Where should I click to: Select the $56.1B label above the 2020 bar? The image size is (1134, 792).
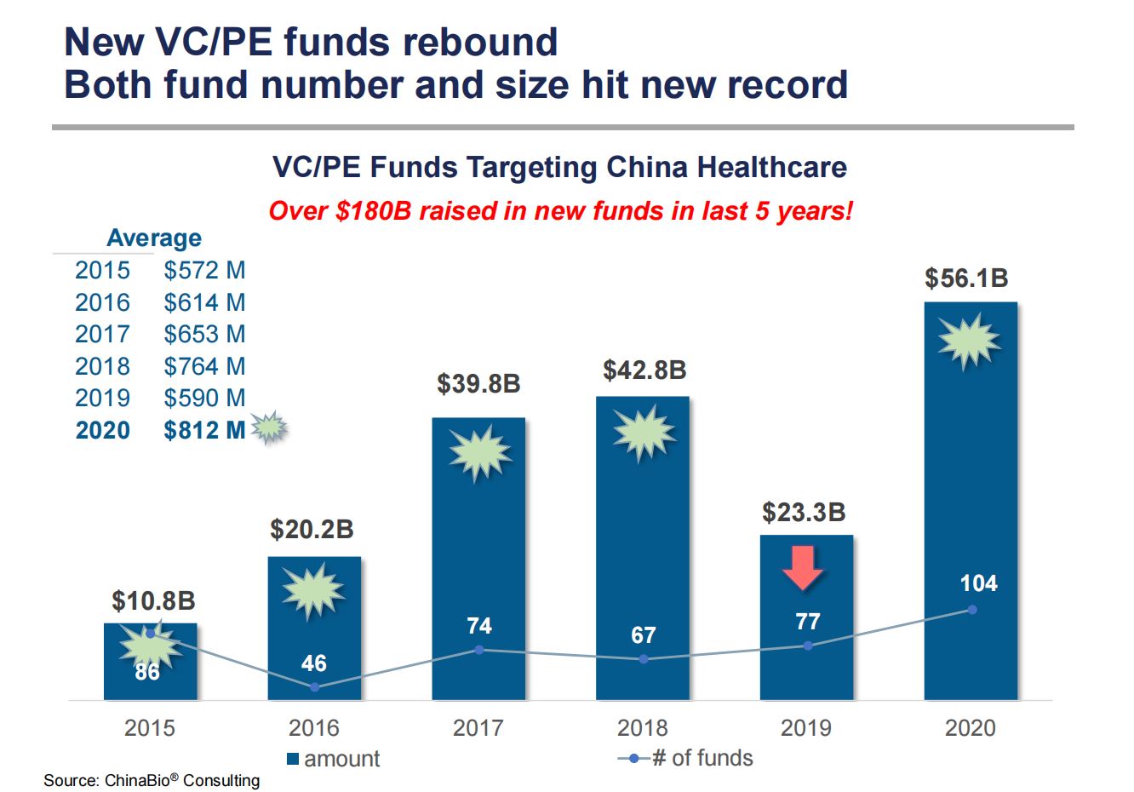click(966, 278)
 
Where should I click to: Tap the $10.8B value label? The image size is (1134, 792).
click(153, 600)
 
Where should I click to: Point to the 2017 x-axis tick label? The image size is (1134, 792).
click(478, 728)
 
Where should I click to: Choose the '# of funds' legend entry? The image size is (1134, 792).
click(686, 758)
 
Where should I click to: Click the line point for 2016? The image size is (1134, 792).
click(314, 686)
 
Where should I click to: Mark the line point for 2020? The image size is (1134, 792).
click(971, 610)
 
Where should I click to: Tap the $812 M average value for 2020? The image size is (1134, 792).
click(204, 430)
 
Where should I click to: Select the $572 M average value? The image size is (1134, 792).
click(204, 271)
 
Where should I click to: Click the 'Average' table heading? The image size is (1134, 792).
click(154, 238)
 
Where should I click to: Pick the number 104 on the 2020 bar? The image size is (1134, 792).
click(978, 583)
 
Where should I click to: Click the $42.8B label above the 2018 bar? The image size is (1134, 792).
click(644, 370)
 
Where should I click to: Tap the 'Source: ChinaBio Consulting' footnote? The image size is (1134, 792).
click(152, 780)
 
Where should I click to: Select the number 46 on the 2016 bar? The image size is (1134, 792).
click(313, 663)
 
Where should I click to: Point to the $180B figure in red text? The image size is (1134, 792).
click(373, 210)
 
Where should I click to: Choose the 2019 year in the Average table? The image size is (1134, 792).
click(102, 399)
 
